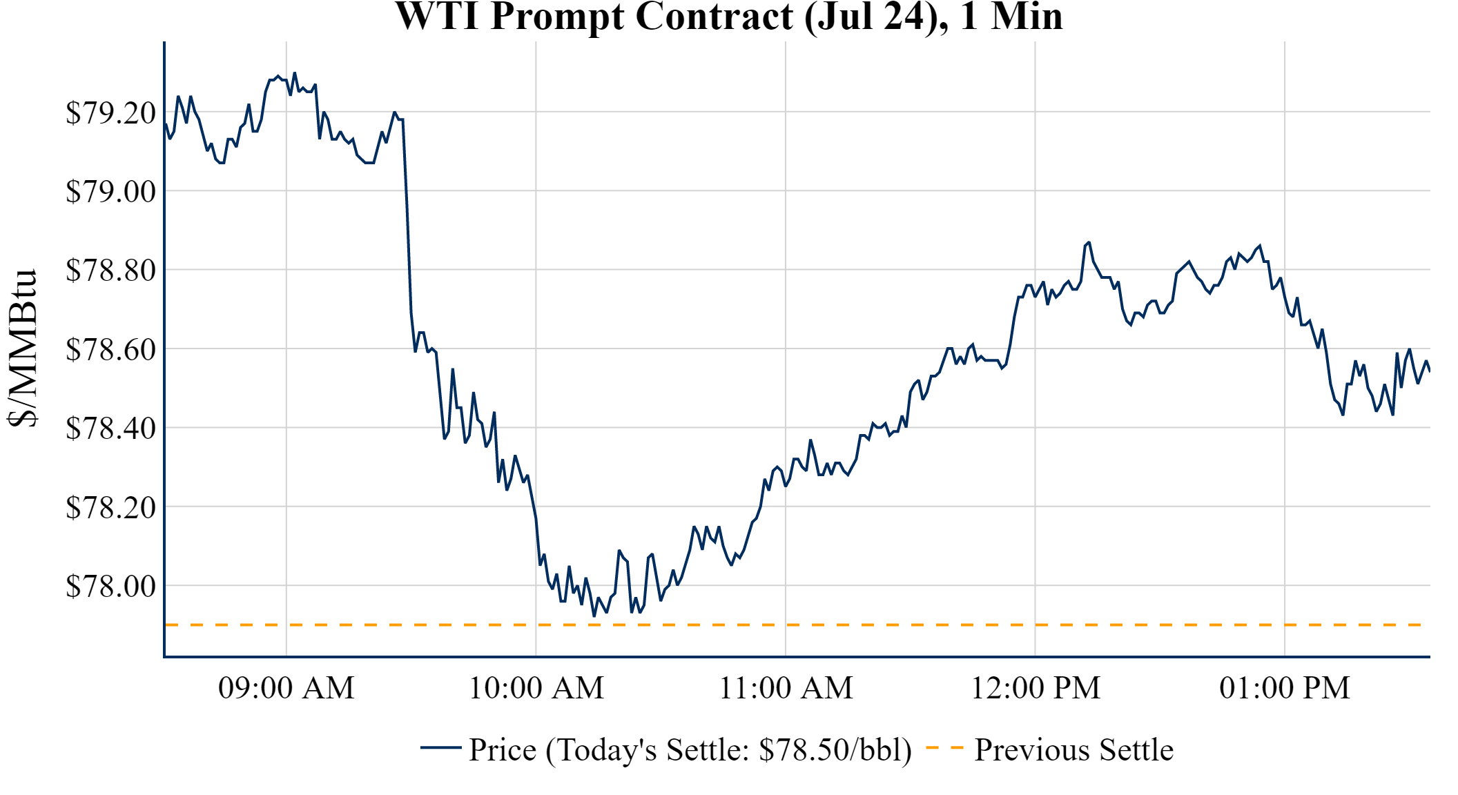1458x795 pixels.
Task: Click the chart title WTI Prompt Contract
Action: click(728, 17)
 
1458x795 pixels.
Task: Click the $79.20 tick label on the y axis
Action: click(110, 112)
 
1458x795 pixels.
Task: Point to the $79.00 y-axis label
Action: click(110, 191)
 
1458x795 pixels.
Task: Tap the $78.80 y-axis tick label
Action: click(110, 270)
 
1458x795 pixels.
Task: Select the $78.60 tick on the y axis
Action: click(110, 349)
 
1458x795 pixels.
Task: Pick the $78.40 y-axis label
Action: click(110, 428)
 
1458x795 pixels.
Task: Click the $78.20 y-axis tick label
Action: click(110, 507)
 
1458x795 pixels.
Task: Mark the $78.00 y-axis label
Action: click(110, 586)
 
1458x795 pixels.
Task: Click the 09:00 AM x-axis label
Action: click(286, 688)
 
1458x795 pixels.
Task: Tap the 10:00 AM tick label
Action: click(536, 688)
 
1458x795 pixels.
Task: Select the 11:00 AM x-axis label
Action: click(786, 688)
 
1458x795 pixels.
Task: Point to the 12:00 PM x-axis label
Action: click(1036, 688)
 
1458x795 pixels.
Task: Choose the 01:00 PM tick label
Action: click(1285, 688)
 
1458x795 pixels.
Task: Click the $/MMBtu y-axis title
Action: click(23, 349)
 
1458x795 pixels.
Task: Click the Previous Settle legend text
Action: click(1073, 750)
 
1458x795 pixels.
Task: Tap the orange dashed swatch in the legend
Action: click(944, 747)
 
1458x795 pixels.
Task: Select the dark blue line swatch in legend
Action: click(440, 747)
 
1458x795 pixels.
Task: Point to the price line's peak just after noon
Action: click(1089, 242)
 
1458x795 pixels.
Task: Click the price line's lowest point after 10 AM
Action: click(594, 616)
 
